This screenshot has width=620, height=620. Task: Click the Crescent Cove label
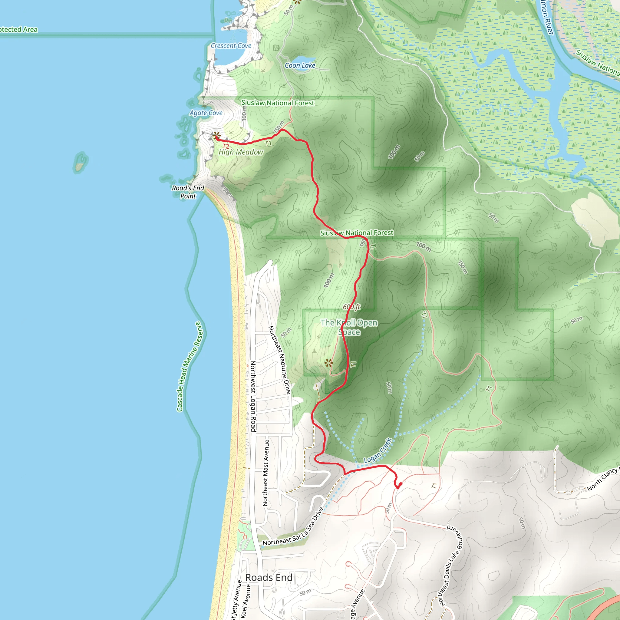point(231,46)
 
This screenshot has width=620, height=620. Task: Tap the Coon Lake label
point(300,65)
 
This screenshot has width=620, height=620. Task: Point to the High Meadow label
point(241,152)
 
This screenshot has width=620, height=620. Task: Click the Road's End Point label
point(188,192)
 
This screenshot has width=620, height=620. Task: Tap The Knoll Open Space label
point(349,327)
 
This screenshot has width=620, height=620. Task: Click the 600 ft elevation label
point(352,307)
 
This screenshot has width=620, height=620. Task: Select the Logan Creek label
point(378,450)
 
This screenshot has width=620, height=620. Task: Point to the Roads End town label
point(269,578)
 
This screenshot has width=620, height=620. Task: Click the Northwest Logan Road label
point(253,396)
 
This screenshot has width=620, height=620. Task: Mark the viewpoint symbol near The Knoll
point(328,363)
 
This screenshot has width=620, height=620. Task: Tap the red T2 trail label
point(226,146)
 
